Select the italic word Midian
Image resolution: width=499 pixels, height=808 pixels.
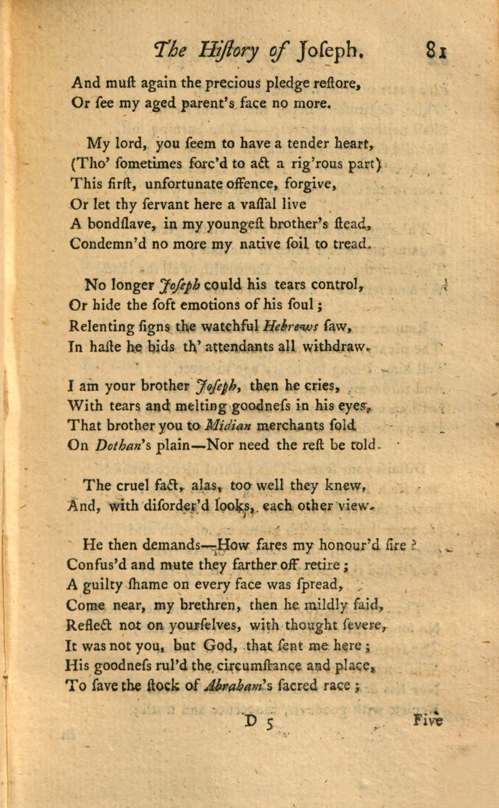(x=227, y=425)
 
